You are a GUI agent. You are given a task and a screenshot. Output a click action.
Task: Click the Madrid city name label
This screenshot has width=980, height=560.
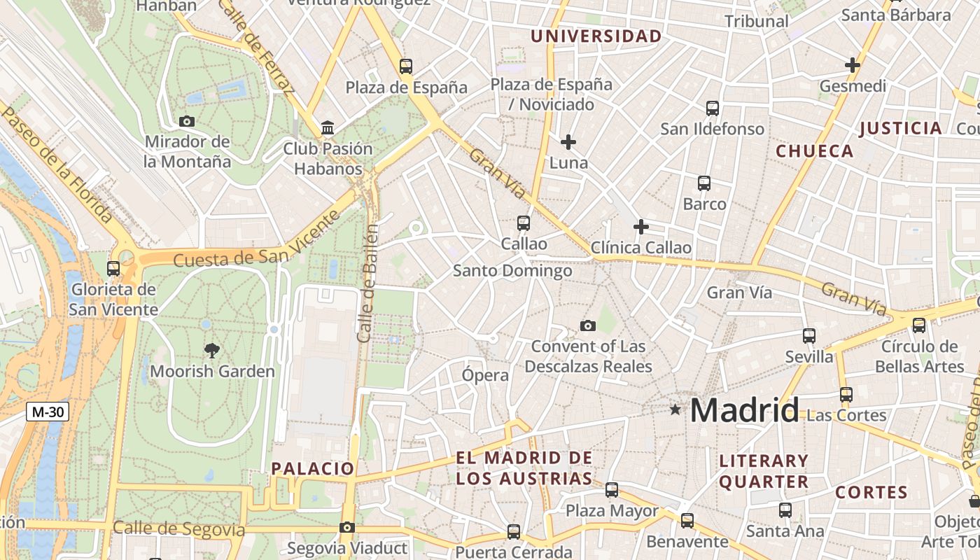744,410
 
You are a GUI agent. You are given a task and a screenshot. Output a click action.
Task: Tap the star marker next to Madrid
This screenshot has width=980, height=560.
675,409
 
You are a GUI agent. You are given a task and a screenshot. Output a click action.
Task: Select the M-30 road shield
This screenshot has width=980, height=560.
48,412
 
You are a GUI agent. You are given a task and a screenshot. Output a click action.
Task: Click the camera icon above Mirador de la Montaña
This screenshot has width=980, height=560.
186,121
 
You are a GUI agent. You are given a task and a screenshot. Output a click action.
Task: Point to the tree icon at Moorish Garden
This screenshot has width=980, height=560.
211,350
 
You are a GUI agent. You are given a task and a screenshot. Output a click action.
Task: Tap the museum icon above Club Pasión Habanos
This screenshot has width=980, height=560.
328,128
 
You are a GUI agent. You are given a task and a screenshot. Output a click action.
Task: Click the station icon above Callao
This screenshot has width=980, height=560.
524,223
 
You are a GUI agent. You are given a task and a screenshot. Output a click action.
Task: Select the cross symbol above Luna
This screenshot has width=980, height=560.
568,142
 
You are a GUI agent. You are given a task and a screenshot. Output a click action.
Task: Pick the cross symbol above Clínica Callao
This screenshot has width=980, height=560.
640,227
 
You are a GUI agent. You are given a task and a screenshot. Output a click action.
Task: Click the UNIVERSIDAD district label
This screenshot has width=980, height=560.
596,36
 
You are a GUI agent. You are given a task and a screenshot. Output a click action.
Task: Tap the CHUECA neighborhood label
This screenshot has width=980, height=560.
815,151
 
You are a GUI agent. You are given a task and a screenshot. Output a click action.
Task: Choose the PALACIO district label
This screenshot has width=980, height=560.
313,468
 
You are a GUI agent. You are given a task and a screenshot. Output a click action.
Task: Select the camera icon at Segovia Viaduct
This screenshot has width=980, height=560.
346,527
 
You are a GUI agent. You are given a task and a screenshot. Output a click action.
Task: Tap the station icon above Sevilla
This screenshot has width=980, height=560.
809,335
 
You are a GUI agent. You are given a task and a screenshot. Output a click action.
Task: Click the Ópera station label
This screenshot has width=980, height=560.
485,375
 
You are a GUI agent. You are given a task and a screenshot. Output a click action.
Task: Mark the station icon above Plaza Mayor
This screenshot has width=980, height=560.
612,489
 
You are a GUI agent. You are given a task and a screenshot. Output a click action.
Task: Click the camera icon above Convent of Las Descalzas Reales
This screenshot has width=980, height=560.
588,325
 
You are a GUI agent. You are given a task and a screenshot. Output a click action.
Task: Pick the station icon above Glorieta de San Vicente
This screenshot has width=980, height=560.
113,268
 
